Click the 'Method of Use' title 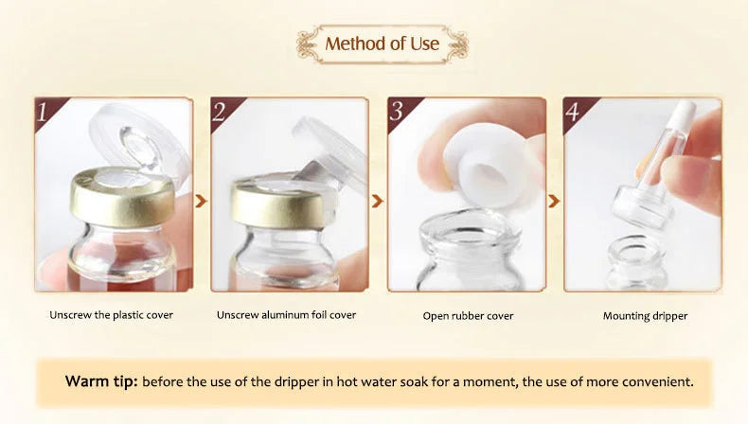point(383,44)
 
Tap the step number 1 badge point(46,111)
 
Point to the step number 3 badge point(400,111)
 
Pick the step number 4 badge point(576,111)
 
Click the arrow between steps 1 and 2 point(201,201)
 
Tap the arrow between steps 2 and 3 point(377,201)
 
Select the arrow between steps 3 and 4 point(553,201)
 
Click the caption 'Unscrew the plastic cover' point(111,315)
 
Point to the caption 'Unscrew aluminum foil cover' point(286,315)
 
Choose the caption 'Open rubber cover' point(468,316)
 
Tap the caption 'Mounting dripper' point(645,316)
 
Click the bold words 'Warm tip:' point(101,381)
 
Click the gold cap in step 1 point(122,197)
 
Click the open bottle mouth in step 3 point(468,233)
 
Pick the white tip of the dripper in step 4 point(684,114)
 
